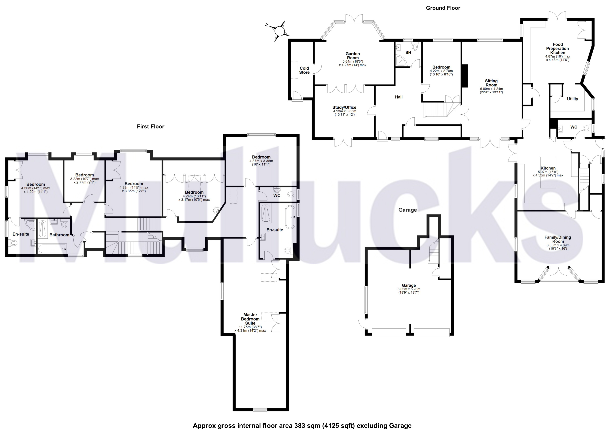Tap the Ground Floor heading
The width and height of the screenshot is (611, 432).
click(443, 8)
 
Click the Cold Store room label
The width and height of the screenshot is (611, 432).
click(304, 70)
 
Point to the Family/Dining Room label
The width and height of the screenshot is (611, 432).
click(558, 239)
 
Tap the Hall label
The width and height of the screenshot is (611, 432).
click(398, 97)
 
